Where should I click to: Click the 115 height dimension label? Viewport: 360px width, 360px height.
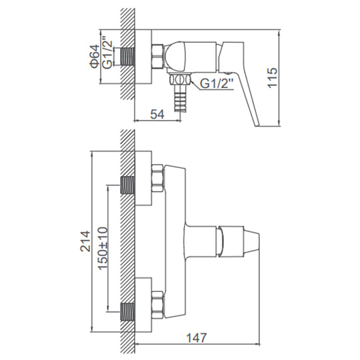coord(273,77)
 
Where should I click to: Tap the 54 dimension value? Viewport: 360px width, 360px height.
coord(157,115)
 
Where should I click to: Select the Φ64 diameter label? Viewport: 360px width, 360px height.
coord(95,57)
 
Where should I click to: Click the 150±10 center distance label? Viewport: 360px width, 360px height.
coord(103,248)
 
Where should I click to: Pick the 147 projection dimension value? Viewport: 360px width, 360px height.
coord(196,338)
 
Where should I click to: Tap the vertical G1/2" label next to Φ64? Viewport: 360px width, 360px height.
coord(107,53)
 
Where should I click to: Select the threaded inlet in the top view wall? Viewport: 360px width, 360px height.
coord(127,57)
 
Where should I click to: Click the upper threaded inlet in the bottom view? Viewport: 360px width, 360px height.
coord(127,185)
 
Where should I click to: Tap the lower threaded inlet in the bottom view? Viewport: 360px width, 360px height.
coord(127,312)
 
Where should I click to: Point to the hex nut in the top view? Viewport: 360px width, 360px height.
coord(157,56)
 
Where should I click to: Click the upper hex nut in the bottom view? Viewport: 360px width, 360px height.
coord(157,178)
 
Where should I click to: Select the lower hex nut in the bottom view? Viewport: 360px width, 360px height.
coord(157,305)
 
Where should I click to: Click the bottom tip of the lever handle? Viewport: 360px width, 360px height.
coord(257,125)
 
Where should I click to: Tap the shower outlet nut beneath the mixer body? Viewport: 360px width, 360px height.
coord(180,80)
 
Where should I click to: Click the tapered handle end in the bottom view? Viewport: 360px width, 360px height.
coord(251,241)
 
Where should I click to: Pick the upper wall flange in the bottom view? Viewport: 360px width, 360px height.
coord(143,178)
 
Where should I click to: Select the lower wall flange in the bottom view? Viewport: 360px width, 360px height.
coord(143,305)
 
